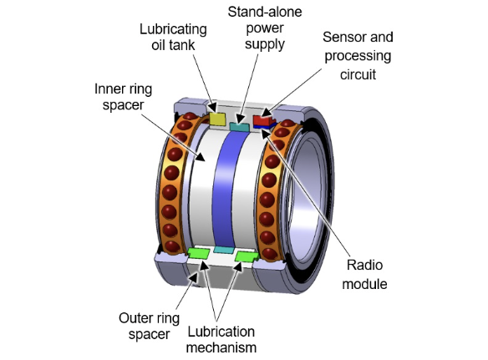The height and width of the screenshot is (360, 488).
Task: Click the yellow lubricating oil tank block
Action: click(x=217, y=119)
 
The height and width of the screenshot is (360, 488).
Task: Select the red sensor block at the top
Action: click(x=263, y=119)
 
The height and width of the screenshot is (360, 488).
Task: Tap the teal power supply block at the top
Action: click(x=239, y=127)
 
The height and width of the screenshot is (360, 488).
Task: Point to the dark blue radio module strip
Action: click(x=265, y=125)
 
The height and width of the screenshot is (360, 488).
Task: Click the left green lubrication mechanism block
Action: click(x=199, y=252)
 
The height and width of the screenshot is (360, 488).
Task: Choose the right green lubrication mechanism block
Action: click(x=247, y=256)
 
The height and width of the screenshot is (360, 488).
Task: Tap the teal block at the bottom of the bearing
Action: click(x=223, y=250)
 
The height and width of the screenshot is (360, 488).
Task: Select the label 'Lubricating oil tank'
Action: click(x=173, y=37)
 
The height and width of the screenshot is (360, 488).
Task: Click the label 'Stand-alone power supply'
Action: click(x=265, y=28)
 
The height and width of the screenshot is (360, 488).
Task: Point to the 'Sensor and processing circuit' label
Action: click(x=358, y=56)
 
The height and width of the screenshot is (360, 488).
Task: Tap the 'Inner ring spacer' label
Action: click(x=123, y=96)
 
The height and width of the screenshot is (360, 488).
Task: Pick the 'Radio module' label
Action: click(x=364, y=275)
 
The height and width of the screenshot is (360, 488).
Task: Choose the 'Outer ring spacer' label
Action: click(x=149, y=327)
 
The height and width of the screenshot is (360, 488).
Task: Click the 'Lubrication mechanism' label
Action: click(x=221, y=339)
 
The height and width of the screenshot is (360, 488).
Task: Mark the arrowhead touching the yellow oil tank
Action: click(x=212, y=108)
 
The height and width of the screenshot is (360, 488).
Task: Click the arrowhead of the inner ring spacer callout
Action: click(x=199, y=156)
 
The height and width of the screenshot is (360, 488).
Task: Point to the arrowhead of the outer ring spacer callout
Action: click(x=193, y=277)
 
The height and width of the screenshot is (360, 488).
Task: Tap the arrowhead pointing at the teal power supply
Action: click(x=240, y=119)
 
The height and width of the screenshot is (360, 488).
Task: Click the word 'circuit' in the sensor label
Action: click(x=358, y=74)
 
